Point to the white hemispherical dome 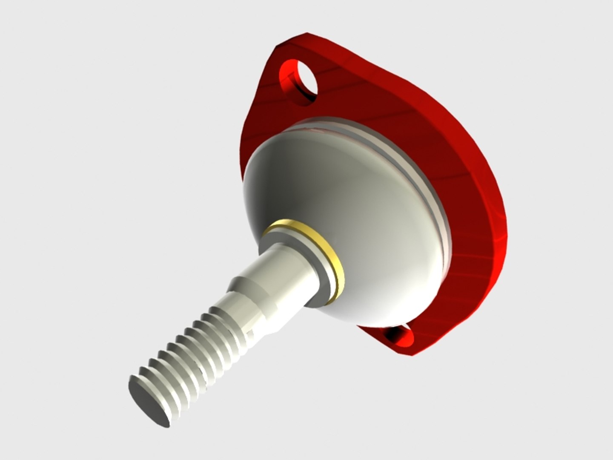pos(341,192)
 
